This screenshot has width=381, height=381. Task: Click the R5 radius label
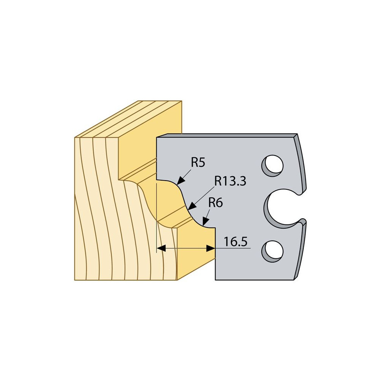point(198,162)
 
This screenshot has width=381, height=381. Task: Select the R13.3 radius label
point(230,181)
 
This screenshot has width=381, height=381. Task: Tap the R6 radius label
point(216,203)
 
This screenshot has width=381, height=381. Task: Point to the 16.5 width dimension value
point(235,242)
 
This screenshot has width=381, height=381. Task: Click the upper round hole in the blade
point(273,166)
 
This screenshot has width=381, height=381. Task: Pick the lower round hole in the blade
point(273,251)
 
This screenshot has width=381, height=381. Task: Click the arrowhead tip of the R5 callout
point(178,184)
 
